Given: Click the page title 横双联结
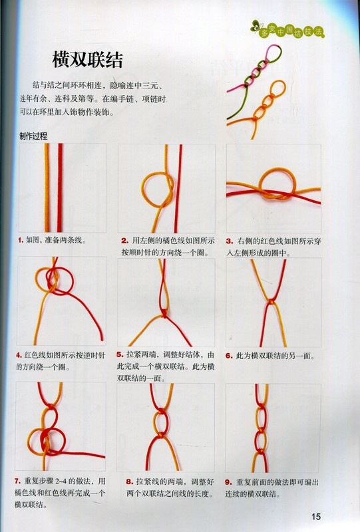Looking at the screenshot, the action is (x=88, y=60).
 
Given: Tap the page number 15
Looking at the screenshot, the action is (x=315, y=517).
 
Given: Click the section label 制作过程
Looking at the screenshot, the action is (x=33, y=136).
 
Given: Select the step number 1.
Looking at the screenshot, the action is (x=21, y=241).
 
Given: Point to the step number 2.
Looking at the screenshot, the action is (x=124, y=241).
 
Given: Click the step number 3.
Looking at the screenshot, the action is (x=230, y=241).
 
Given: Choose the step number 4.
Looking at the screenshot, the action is (x=19, y=355).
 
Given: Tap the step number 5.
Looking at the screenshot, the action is (x=120, y=354).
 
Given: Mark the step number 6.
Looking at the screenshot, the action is (x=229, y=356).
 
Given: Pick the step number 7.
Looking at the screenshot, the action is (x=18, y=481).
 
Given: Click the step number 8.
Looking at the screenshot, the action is (x=129, y=481).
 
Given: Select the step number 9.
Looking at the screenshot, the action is (x=228, y=481).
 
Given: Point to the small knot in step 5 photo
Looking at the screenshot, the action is (x=164, y=313).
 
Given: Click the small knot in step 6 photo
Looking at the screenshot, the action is (x=271, y=301).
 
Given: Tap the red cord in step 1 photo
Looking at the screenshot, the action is (x=60, y=188).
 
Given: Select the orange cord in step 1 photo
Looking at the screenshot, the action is (x=47, y=188).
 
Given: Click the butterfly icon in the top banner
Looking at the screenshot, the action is (x=254, y=27).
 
